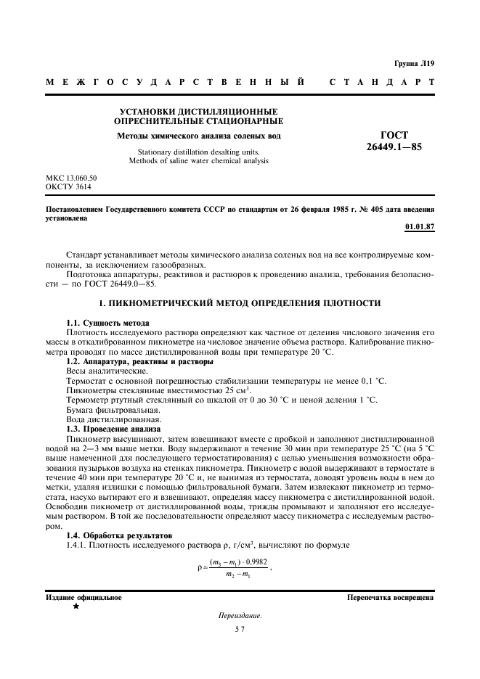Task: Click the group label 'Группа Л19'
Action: click(414, 63)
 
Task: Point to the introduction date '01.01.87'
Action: click(419, 226)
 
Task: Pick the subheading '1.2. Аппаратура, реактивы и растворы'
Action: click(139, 361)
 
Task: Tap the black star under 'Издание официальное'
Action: click(75, 606)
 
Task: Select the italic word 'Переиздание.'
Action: click(240, 616)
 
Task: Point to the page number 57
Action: click(240, 630)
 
